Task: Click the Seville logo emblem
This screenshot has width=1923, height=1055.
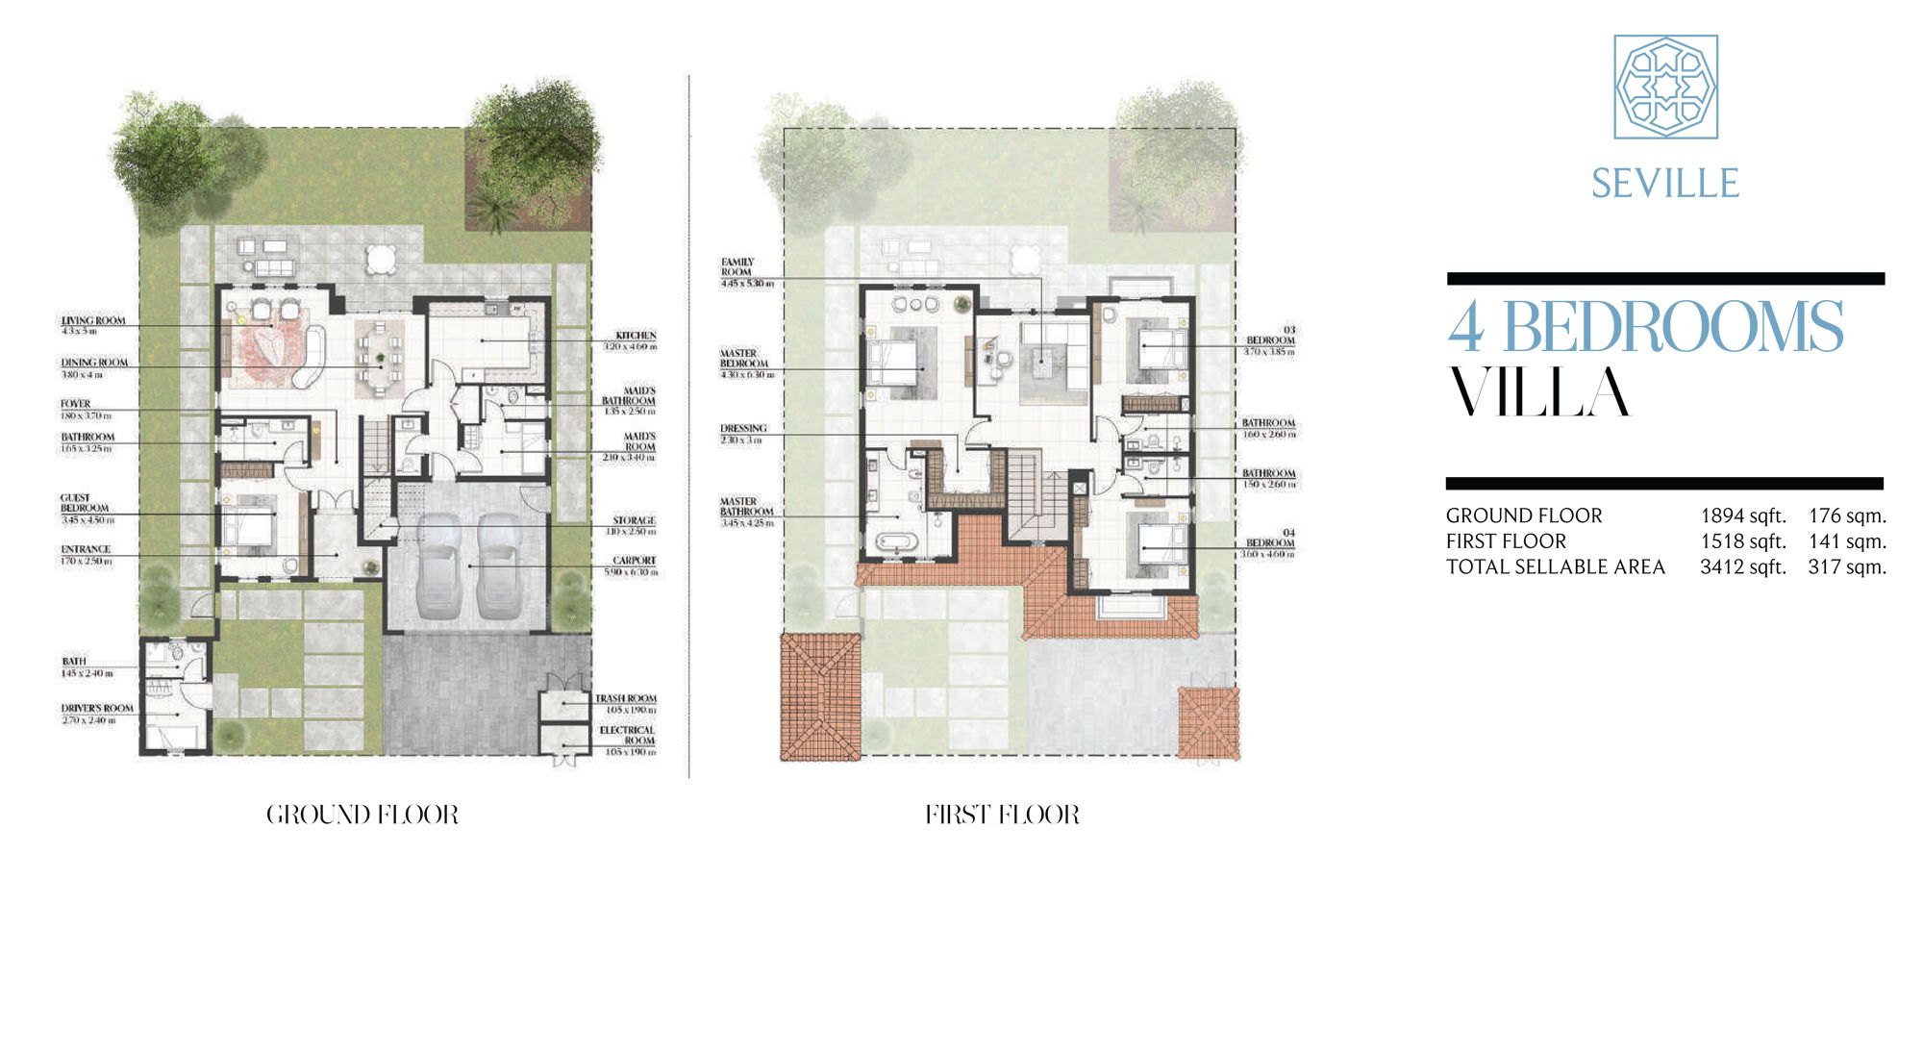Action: pos(1665,87)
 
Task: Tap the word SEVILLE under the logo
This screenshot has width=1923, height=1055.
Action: pos(1665,184)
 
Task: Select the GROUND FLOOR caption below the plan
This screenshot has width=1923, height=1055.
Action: pos(362,816)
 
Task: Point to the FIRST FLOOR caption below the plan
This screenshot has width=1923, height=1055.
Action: pos(1002,816)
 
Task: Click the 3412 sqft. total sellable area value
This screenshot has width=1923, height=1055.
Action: pos(1742,567)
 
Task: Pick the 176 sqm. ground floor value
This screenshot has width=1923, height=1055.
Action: pos(1847,515)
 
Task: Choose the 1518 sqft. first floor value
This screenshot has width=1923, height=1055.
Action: pos(1742,541)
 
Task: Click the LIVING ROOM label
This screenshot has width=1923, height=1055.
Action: pos(93,321)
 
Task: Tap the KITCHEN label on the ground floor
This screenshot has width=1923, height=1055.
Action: pos(636,336)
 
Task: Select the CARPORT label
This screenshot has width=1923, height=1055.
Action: pos(635,561)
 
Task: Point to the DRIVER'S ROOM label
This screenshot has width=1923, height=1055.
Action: pos(97,709)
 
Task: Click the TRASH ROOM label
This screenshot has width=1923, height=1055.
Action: pos(626,699)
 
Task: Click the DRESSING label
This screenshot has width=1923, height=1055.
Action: pos(743,429)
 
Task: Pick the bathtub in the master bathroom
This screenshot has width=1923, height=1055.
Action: pos(898,544)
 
